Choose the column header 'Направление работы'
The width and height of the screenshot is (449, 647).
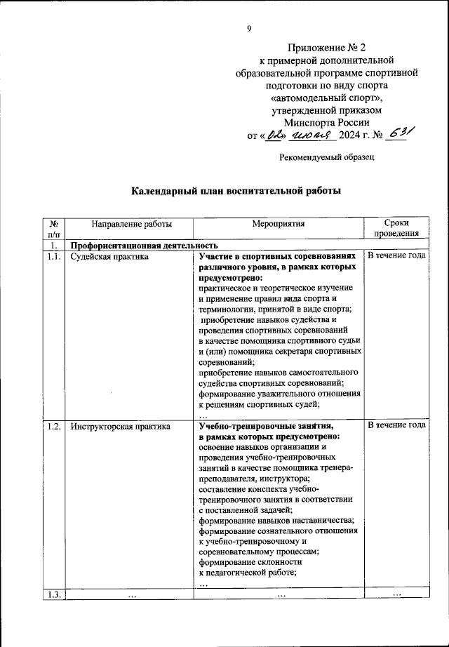tap(121, 224)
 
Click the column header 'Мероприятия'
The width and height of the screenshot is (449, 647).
tap(279, 224)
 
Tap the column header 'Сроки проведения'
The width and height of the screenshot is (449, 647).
tap(396, 229)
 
